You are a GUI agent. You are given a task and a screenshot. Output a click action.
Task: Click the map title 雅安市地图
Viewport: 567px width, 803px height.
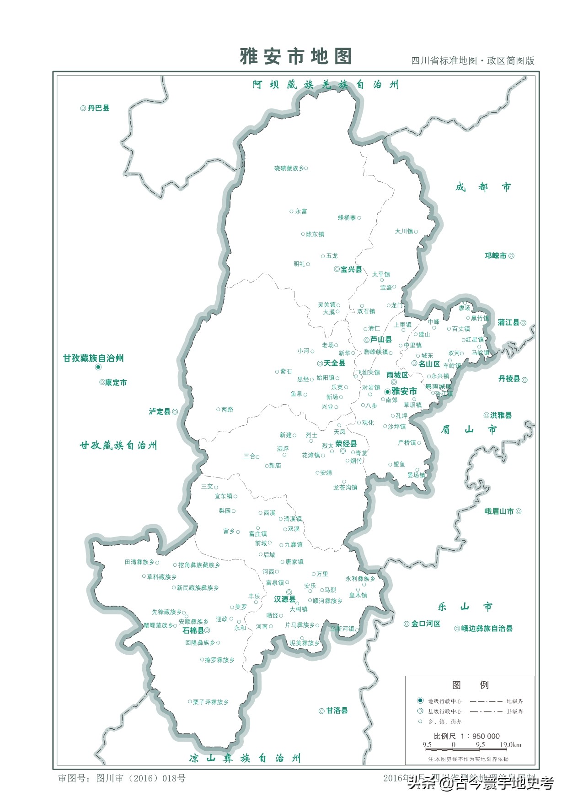(296, 56)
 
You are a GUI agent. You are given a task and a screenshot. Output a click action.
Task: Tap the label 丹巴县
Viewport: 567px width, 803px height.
(98, 108)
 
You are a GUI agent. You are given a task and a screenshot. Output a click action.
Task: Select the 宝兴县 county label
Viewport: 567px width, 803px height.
(351, 269)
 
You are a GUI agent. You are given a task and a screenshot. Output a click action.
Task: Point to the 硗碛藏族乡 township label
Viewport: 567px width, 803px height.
(289, 168)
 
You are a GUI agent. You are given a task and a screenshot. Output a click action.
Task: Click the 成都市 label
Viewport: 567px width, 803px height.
(483, 187)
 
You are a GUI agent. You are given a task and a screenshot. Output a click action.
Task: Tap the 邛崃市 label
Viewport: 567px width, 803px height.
(496, 256)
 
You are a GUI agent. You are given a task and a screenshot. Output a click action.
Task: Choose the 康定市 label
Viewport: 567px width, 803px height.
(116, 382)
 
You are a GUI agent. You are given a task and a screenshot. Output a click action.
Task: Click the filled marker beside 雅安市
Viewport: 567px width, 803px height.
(387, 391)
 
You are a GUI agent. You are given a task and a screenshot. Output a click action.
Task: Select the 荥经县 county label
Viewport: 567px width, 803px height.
(346, 444)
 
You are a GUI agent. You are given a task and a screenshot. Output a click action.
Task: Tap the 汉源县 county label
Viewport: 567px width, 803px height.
(284, 599)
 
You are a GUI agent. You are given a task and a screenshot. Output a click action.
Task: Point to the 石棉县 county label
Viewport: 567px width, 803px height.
(193, 630)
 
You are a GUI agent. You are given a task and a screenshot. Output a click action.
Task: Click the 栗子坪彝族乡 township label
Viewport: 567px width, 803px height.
(210, 702)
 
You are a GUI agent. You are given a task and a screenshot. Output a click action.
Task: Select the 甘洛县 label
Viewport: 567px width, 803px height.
(337, 711)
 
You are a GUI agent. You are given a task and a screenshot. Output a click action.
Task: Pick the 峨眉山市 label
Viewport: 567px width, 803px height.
(499, 511)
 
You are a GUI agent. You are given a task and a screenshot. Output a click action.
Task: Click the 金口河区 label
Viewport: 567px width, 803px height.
(425, 624)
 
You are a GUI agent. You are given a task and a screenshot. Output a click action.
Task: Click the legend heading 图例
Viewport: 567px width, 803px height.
(470, 685)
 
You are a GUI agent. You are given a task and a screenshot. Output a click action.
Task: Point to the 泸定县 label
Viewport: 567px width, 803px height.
(160, 412)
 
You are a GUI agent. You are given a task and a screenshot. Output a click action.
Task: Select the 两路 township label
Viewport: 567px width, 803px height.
(227, 409)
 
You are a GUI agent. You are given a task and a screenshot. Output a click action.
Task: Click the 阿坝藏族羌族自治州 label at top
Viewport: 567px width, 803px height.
(325, 85)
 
